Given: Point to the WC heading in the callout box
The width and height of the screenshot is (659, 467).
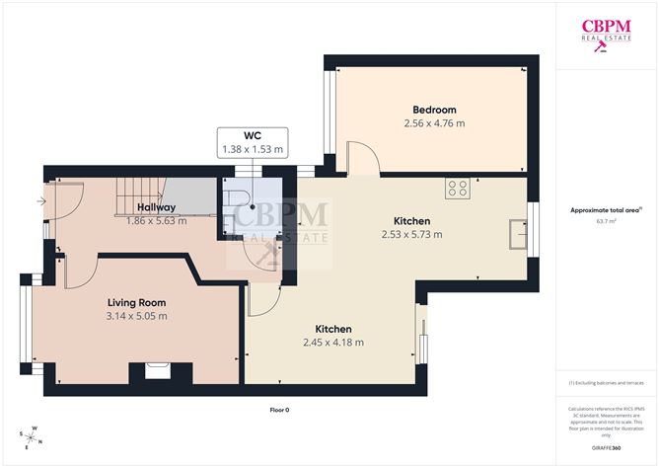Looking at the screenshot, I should tap(252, 135).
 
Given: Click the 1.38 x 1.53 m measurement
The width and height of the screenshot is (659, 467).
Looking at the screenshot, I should tap(252, 150).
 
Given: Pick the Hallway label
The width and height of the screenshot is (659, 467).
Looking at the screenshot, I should tap(156, 207).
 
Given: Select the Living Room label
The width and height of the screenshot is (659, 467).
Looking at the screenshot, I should tap(136, 302).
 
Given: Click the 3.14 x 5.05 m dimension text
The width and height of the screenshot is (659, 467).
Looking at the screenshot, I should tap(136, 316).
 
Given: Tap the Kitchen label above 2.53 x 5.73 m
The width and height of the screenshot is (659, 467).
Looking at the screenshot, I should tap(411, 221).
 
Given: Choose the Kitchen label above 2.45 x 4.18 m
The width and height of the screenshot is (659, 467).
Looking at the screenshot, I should tap(333, 329).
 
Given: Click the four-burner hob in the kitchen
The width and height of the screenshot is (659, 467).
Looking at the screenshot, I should tap(457, 188).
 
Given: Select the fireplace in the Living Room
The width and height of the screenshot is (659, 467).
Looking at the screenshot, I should tap(156, 371).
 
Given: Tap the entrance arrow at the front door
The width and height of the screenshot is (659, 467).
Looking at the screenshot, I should tap(39, 201).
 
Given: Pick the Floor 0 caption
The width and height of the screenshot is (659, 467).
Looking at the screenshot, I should tap(280, 410).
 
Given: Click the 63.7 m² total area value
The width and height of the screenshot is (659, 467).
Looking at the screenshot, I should tap(606, 222).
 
